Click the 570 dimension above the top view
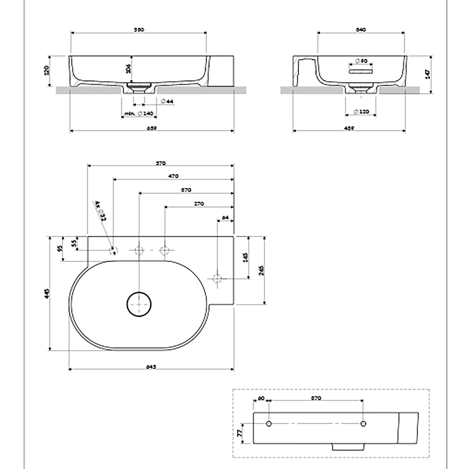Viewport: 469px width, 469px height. click(161, 163)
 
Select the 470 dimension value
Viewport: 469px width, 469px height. click(173, 176)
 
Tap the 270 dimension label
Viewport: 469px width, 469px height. click(199, 204)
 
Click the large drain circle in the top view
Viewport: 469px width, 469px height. click(139, 304)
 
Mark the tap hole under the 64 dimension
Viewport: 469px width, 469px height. click(217, 278)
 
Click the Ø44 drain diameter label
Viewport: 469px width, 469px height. click(168, 101)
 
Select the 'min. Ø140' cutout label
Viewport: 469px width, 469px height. click(139, 113)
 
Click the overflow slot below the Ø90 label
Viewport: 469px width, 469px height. click(361, 71)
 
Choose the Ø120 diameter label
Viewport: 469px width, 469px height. click(361, 112)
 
